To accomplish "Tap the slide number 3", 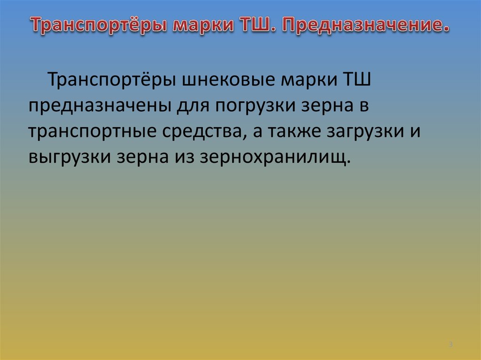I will coord(450,345).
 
